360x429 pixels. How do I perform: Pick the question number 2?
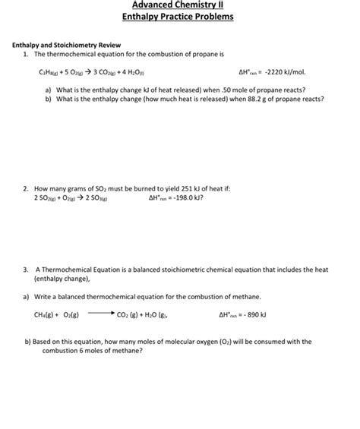pos(26,188)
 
